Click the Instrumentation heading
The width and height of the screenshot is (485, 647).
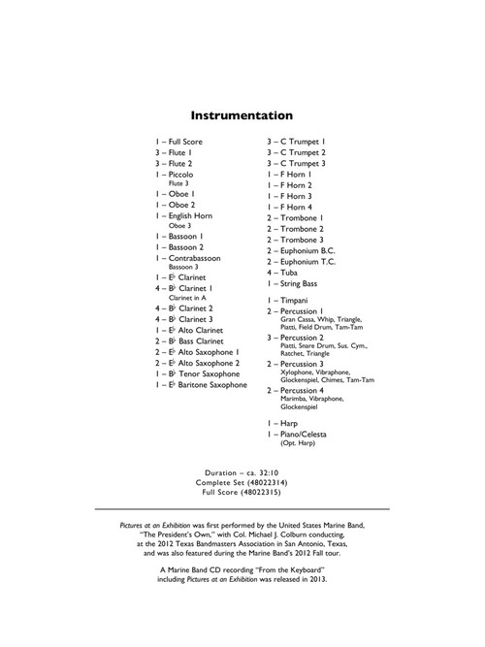pos(242,113)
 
